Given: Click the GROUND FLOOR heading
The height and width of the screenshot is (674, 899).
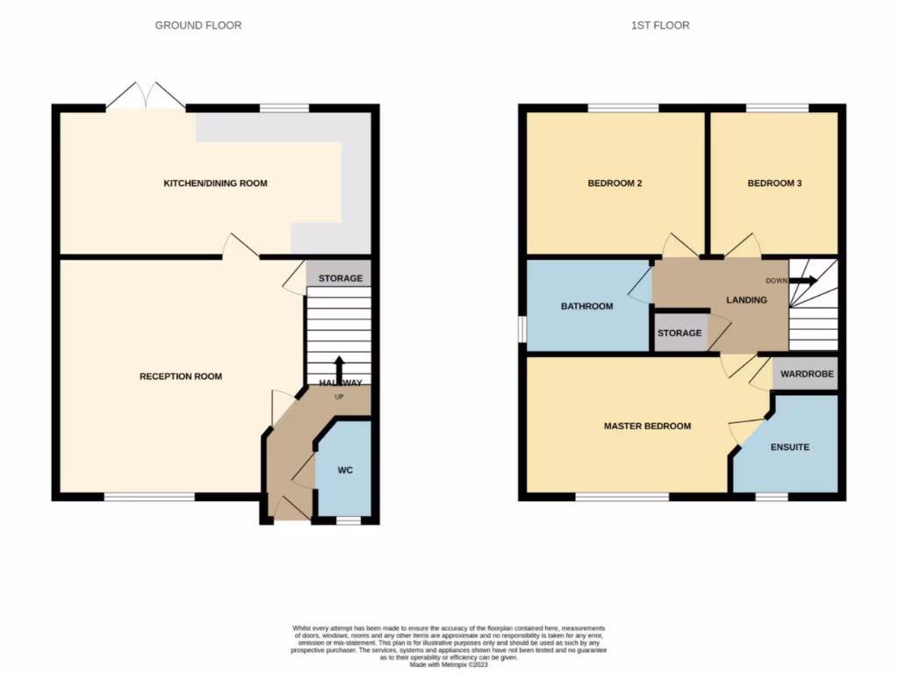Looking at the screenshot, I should [198, 25].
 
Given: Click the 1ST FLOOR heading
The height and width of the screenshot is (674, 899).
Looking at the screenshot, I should [660, 25].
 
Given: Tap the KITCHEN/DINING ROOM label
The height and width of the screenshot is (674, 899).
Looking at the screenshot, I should [215, 183].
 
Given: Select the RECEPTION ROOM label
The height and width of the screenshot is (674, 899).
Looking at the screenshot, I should [181, 376].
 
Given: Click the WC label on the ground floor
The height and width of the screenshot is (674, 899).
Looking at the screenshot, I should [345, 470].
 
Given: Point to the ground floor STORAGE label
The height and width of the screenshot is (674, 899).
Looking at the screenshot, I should [340, 278].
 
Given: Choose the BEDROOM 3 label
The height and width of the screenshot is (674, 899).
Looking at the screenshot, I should [774, 183].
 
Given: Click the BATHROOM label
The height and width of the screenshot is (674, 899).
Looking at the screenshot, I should [586, 306].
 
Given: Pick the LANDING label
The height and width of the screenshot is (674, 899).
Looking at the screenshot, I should [746, 300].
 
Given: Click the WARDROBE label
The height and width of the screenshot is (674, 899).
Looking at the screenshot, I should [805, 374].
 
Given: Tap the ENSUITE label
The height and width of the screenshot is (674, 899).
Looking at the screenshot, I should [790, 447].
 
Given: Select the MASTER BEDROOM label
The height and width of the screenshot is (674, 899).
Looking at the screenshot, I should [647, 427].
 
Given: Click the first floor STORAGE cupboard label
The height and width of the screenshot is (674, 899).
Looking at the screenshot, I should [680, 333].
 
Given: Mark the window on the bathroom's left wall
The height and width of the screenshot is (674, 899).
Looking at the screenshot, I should [521, 330].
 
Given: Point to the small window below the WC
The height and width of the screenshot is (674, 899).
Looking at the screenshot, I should [349, 521].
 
